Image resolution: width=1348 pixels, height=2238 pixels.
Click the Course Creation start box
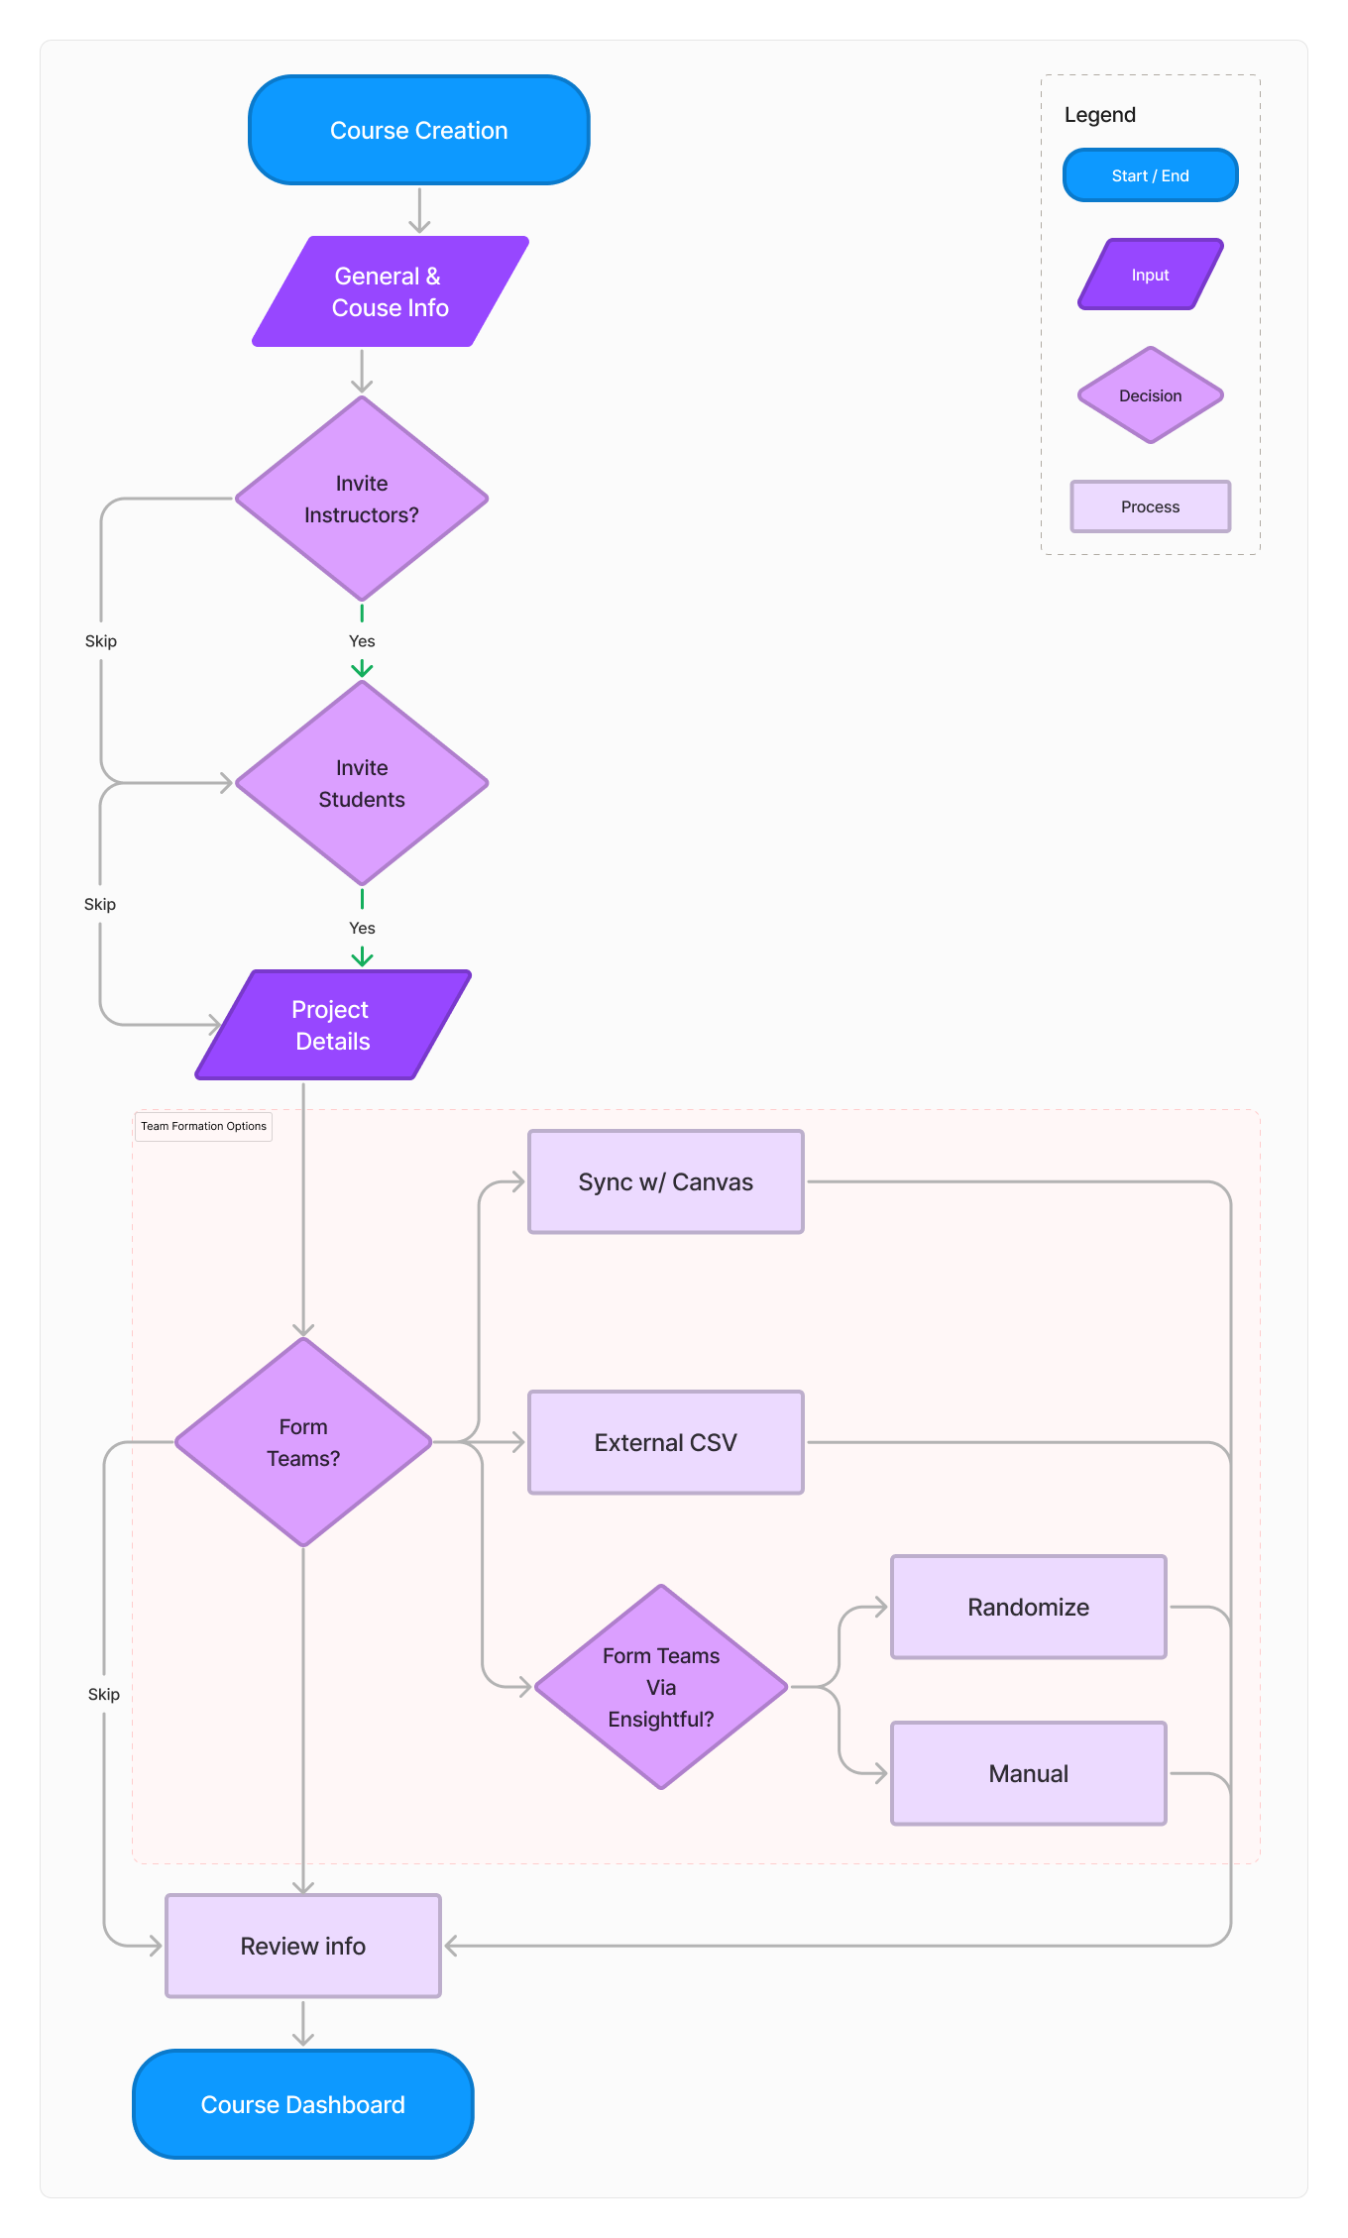[418, 130]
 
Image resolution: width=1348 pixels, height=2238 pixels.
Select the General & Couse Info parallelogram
[390, 291]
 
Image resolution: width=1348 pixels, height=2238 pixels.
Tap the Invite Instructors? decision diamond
[362, 499]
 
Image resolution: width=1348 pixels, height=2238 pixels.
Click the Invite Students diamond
[362, 783]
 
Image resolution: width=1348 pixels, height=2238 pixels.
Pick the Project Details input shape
[332, 1025]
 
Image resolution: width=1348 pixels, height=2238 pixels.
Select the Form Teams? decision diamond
[303, 1442]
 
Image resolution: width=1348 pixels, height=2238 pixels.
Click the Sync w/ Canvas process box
[665, 1181]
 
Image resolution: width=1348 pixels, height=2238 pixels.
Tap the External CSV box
[665, 1442]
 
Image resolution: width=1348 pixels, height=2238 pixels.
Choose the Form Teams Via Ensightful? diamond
[661, 1687]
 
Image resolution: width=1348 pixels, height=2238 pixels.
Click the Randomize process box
[1028, 1607]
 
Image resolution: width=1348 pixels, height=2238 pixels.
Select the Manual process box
[1028, 1773]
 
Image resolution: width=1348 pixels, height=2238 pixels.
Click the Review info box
[303, 1946]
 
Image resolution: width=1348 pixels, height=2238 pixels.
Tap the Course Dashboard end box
[303, 2104]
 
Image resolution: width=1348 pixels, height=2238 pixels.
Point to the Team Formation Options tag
[203, 1126]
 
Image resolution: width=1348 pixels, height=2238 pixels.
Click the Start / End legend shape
[1150, 175]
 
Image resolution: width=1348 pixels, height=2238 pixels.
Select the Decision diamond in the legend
[1150, 395]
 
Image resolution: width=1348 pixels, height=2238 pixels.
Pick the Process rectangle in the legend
[1150, 506]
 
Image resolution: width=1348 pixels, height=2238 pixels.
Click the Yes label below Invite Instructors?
[362, 641]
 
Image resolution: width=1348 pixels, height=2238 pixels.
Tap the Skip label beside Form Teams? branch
[104, 1694]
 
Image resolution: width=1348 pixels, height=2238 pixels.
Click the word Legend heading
[1099, 115]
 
